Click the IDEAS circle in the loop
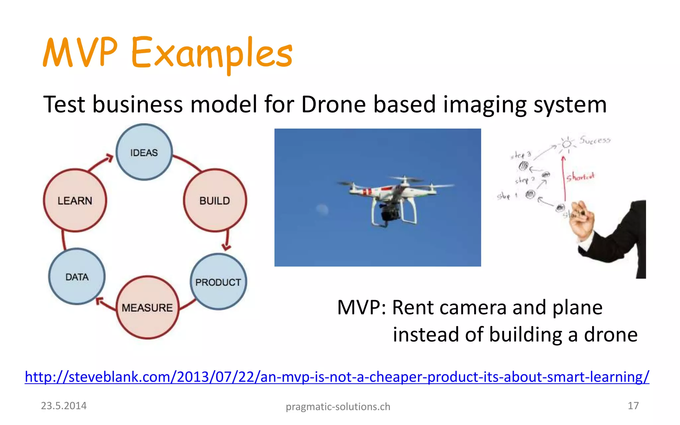pos(144,152)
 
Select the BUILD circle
pos(215,201)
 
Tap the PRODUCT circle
pos(218,282)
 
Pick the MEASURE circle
pos(147,307)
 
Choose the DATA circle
pos(77,277)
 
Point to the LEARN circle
pos(75,201)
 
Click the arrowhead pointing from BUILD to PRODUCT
pos(226,247)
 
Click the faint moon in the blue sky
pos(322,209)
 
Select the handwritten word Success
pos(595,140)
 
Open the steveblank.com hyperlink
pos(337,377)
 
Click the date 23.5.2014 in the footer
pos(63,406)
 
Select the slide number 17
pos(633,406)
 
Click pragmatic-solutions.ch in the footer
pos(338,407)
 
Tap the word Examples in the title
pos(212,53)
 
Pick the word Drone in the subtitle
pos(333,105)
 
